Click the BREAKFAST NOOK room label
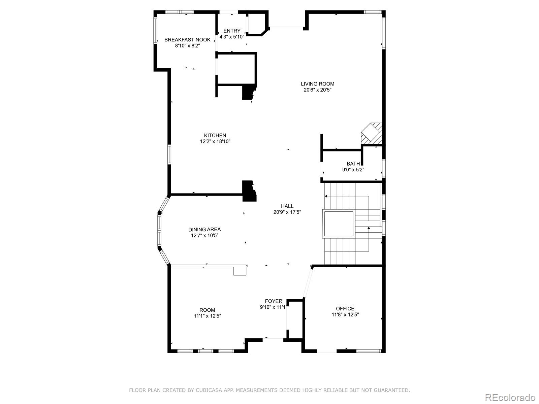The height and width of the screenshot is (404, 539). [187, 40]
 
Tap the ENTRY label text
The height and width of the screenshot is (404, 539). [232, 31]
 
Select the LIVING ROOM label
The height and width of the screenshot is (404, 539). [317, 84]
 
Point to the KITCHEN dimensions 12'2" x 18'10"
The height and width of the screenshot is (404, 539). [215, 142]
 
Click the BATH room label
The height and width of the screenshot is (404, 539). [353, 164]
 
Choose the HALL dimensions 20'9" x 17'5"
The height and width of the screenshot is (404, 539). [287, 212]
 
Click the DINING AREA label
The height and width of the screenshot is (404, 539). [204, 230]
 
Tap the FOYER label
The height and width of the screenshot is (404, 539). [274, 301]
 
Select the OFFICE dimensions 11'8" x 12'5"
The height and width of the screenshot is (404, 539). [345, 315]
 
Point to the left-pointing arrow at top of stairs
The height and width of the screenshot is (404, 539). [326, 196]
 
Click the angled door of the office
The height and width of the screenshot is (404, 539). [308, 281]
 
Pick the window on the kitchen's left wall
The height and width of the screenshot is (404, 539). [169, 155]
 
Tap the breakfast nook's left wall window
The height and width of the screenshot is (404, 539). [156, 31]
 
